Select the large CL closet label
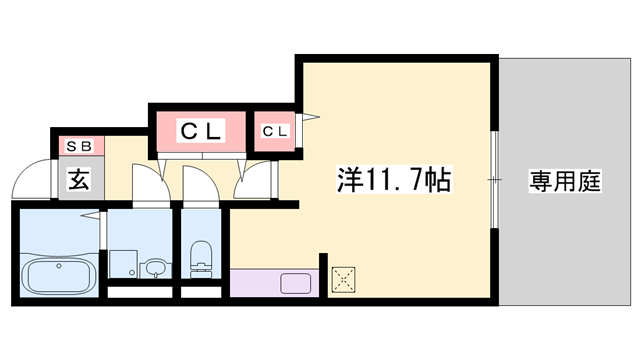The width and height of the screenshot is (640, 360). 200,130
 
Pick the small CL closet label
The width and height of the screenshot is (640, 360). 275,131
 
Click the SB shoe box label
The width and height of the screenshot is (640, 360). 78,146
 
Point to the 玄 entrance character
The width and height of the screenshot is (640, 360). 78,180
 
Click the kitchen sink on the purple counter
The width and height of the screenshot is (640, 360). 297,282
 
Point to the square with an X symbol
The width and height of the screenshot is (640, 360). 345,280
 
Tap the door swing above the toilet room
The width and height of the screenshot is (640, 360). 196,182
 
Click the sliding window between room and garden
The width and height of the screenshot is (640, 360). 494,179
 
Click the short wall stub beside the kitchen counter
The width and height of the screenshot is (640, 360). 322,275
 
